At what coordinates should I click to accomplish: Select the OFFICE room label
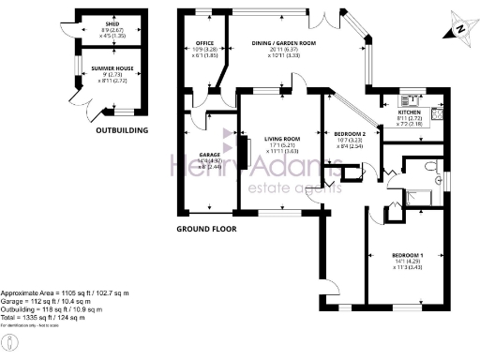[x=205, y=44]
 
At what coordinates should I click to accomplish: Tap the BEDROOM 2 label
[x=350, y=134]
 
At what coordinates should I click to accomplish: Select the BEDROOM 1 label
[x=408, y=256]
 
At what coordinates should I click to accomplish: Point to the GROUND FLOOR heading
[x=206, y=228]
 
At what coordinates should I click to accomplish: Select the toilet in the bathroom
[x=428, y=166]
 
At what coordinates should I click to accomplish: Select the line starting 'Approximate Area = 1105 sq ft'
[x=64, y=292]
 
